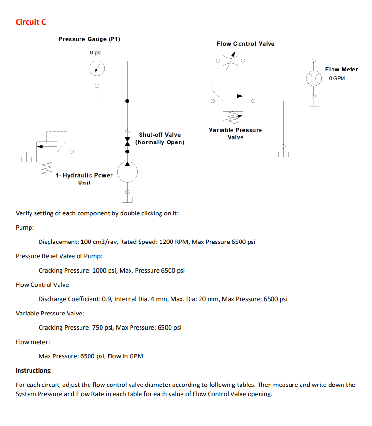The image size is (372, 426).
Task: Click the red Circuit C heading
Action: (x=31, y=22)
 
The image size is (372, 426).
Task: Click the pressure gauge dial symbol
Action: (x=97, y=69)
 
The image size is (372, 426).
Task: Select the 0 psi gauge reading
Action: (x=96, y=52)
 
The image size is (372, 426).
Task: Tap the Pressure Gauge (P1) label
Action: (x=89, y=39)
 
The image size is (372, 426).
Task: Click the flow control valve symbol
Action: (x=231, y=61)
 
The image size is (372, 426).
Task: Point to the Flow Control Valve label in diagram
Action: (x=245, y=44)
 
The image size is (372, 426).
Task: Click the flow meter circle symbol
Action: (x=313, y=79)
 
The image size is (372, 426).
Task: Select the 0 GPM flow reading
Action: (x=337, y=78)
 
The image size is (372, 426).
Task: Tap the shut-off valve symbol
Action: (x=127, y=142)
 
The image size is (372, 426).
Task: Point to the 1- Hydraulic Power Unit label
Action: (x=84, y=179)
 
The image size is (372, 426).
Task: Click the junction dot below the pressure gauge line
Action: (x=127, y=101)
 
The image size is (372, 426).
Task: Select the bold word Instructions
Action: (x=33, y=370)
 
